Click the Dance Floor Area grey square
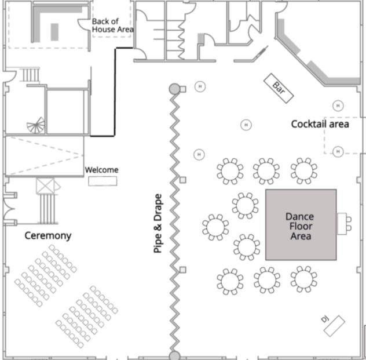(x=301, y=224)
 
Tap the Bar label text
(x=279, y=88)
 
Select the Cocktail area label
(x=320, y=123)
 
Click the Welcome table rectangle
(x=102, y=181)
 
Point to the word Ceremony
(x=47, y=235)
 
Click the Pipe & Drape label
(x=158, y=223)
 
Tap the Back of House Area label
(x=113, y=26)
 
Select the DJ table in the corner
(x=335, y=326)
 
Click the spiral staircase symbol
(x=36, y=125)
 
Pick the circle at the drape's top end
(x=174, y=89)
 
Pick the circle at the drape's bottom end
(x=174, y=355)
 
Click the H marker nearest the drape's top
(x=200, y=86)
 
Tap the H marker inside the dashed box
(x=338, y=151)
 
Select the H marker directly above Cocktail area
(x=338, y=106)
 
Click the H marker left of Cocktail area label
(x=246, y=125)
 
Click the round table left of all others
(x=215, y=227)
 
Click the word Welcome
(x=102, y=170)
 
